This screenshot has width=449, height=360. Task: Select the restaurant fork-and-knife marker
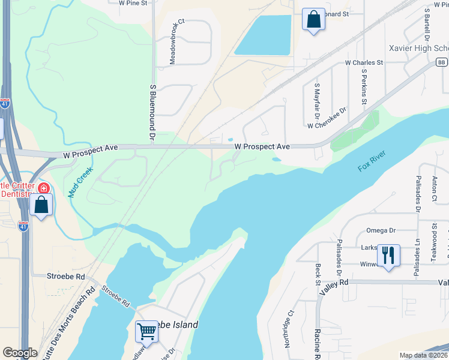coord(388,256)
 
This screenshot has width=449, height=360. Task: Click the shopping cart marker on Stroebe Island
coord(146,331)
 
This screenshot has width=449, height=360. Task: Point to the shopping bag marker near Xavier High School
coord(313,19)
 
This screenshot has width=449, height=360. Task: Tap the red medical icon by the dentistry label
coord(43,188)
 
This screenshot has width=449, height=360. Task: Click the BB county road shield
coord(442,62)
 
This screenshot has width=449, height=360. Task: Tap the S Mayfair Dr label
coord(316,100)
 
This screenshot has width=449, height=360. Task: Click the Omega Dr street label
coord(381,230)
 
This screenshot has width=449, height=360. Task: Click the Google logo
coord(20,353)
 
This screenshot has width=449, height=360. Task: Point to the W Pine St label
coord(133,3)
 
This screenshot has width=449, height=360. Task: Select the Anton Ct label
coord(434,190)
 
